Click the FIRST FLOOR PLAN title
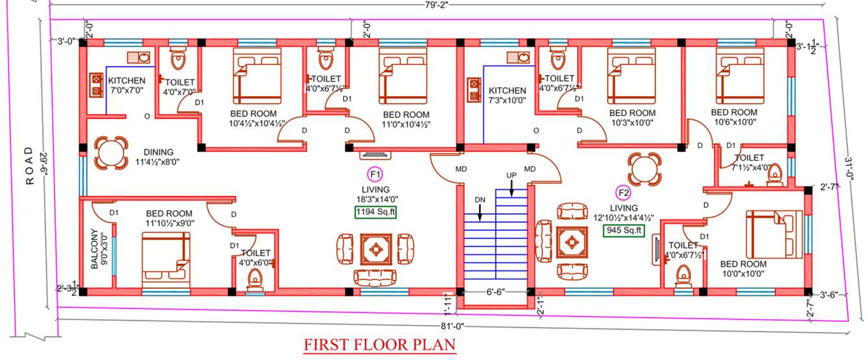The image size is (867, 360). pyautogui.click(x=380, y=344)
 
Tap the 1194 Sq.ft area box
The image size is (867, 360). pyautogui.click(x=375, y=213)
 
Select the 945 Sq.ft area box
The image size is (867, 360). pyautogui.click(x=624, y=230)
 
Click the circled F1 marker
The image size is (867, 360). pyautogui.click(x=375, y=174)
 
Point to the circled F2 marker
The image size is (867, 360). pyautogui.click(x=624, y=193)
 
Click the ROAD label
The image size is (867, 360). pyautogui.click(x=29, y=166)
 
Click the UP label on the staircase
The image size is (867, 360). pyautogui.click(x=511, y=176)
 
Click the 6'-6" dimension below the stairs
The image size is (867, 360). pyautogui.click(x=495, y=293)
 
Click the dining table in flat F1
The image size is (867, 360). pyautogui.click(x=106, y=153)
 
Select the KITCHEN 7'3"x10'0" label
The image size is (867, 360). pyautogui.click(x=507, y=95)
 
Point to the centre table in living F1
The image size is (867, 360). pyautogui.click(x=375, y=248)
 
